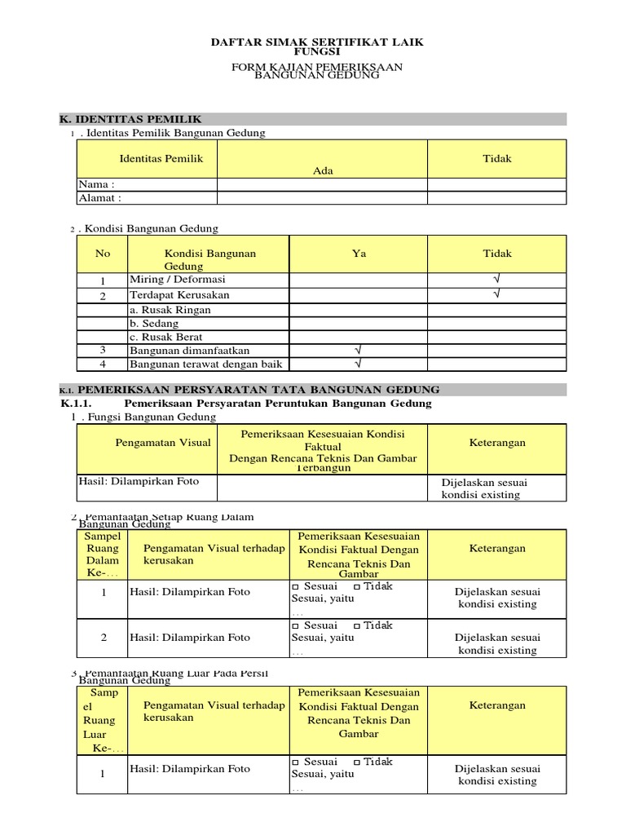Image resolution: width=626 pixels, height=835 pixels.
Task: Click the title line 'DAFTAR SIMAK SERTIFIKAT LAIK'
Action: pyautogui.click(x=317, y=42)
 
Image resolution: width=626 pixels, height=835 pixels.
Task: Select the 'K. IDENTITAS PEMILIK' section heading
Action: pyautogui.click(x=131, y=119)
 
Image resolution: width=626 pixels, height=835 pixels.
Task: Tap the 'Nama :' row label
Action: pyautogui.click(x=96, y=184)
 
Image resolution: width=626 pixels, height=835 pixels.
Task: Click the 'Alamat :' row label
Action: pyautogui.click(x=99, y=197)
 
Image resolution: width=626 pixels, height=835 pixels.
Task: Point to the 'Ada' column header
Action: pyautogui.click(x=323, y=170)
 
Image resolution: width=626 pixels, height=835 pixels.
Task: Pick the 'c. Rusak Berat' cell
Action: pyautogui.click(x=166, y=337)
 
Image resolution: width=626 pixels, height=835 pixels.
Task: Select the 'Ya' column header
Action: pyautogui.click(x=359, y=254)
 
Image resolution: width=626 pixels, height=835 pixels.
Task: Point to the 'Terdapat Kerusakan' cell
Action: pyautogui.click(x=179, y=294)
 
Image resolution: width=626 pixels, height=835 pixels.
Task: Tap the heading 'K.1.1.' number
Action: pyautogui.click(x=78, y=404)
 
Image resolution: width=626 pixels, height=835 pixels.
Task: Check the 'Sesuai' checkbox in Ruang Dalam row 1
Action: pyautogui.click(x=296, y=586)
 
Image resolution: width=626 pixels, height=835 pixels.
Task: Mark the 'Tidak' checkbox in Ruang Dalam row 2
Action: pyautogui.click(x=357, y=626)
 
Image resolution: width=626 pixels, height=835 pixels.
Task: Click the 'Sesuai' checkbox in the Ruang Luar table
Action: pyautogui.click(x=296, y=762)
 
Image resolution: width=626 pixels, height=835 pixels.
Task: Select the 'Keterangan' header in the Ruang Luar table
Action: pyautogui.click(x=497, y=705)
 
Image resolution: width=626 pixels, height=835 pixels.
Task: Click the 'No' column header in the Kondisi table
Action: pyautogui.click(x=103, y=254)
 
